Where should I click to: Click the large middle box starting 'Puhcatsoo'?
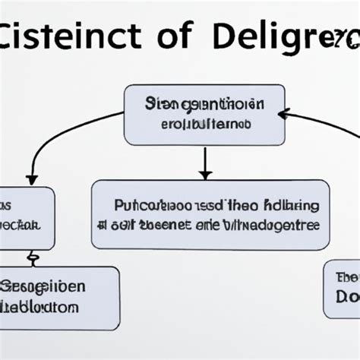coord(210,214)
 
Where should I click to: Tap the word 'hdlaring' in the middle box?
coord(293,206)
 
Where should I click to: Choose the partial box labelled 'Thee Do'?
coord(342,289)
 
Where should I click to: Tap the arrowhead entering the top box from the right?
coord(283,115)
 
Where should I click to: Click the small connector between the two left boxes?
coord(33,258)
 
